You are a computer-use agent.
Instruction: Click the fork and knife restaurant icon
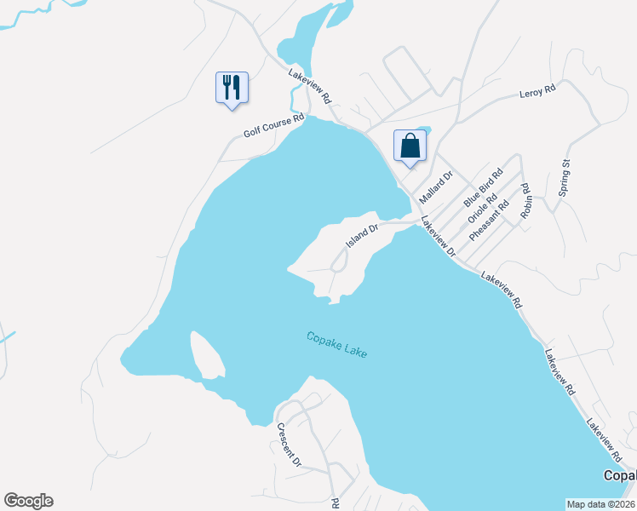232,88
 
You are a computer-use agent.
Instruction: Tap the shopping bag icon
410,145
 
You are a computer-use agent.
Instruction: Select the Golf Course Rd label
273,127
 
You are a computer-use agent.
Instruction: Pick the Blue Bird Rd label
479,188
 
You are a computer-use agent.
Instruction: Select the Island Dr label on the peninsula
361,236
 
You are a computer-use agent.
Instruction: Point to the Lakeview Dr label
439,238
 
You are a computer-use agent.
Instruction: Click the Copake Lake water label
336,344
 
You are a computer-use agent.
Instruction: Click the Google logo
28,501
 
